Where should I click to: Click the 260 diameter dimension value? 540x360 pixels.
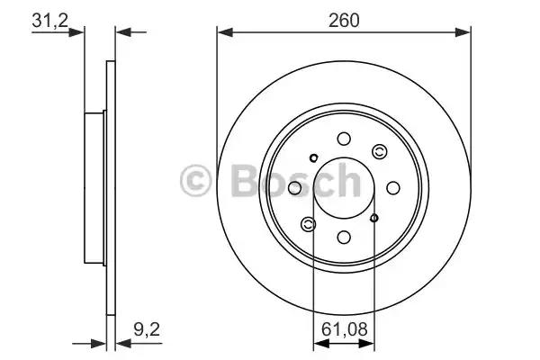coord(344,21)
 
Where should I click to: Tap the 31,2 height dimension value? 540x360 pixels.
coord(49,21)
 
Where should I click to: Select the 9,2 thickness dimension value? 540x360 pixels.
coord(147,329)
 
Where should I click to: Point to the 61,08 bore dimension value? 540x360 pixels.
coord(344,329)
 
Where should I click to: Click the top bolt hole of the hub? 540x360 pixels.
coord(344,139)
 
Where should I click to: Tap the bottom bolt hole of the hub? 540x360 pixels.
coord(344,238)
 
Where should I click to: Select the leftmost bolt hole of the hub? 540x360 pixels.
coord(294,188)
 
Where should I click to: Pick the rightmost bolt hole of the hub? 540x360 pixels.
coord(393,188)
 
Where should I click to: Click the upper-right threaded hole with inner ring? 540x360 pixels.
coord(380,151)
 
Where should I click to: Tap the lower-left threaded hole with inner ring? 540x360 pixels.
coord(308,225)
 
